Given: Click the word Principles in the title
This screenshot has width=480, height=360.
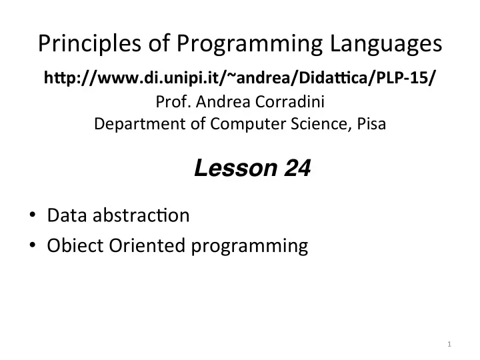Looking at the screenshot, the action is point(90,43).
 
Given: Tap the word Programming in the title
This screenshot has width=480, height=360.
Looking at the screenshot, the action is point(249,43).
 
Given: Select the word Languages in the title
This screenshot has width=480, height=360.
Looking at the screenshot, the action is point(386,43).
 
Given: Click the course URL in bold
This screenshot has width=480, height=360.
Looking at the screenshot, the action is point(239,77).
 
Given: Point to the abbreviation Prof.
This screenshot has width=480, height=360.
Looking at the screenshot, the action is point(173,101).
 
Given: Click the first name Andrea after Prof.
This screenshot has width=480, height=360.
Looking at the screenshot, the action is point(223,101).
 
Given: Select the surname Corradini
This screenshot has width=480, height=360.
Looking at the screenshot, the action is point(289,101).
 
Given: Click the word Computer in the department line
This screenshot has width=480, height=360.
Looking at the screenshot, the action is point(247,124).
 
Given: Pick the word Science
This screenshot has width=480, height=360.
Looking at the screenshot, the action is point(321,124).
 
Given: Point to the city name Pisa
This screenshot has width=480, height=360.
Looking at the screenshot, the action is point(371,124).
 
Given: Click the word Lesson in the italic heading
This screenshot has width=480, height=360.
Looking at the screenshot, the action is point(236,168).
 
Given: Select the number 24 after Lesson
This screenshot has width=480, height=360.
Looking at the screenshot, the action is point(297,168).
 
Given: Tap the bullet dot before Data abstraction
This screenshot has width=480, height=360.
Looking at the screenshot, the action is point(33,215).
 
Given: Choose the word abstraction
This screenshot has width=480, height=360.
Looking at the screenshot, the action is point(141,215).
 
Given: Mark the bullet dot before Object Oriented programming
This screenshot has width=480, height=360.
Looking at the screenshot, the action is point(33,245).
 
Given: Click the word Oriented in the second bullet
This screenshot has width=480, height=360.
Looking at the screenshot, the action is point(147,245).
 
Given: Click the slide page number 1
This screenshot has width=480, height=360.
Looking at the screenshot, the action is point(449,344).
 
